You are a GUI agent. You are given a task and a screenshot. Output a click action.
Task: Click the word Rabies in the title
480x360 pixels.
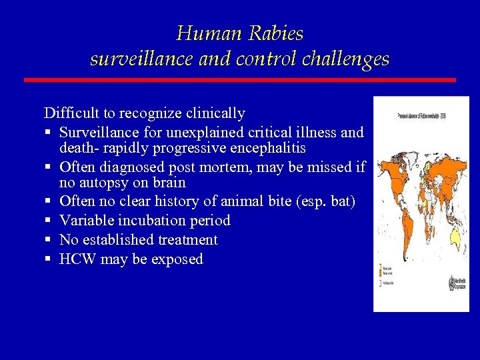(x=275, y=33)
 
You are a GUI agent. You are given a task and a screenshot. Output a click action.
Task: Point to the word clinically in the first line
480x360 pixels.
(x=212, y=113)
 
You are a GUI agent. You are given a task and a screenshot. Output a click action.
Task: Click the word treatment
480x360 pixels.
(x=188, y=239)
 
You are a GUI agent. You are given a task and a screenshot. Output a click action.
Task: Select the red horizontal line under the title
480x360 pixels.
(x=240, y=80)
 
